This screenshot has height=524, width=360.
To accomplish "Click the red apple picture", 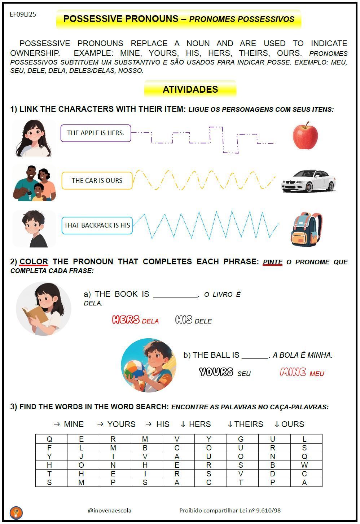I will coord(305,136).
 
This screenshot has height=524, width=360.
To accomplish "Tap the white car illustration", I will coord(308,181).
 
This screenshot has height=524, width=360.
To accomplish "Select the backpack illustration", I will coord(306,229).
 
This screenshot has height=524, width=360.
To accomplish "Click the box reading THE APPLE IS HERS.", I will coord(96,133).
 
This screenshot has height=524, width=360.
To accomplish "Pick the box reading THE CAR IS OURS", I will coord(97,181).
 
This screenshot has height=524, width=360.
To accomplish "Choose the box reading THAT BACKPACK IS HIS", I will coord(97,225).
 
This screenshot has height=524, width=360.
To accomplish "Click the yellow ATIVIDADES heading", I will coord(190,89).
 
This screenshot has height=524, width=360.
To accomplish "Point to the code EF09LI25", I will coord(23,14).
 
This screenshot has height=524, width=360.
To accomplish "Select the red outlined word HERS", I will coord(126,320).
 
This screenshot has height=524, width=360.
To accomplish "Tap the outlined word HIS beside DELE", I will coord(184,320).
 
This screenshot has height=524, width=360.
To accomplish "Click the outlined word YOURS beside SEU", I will coord(216,372).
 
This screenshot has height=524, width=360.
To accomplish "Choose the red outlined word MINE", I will coord(293,372).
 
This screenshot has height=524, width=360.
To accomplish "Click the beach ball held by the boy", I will coord(134,370).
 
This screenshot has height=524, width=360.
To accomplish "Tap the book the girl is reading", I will coord(35,315).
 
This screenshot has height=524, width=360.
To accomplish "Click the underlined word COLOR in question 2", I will coord(34,262).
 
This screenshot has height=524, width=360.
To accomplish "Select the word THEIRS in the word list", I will coord(249,424).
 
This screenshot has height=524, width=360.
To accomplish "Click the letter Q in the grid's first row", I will coord(49,439).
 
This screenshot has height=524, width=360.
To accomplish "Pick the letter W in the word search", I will coord(304,465).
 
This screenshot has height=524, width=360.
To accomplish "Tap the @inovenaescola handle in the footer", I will coord(110,511).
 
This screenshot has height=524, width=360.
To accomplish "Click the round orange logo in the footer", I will coord(16,512).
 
